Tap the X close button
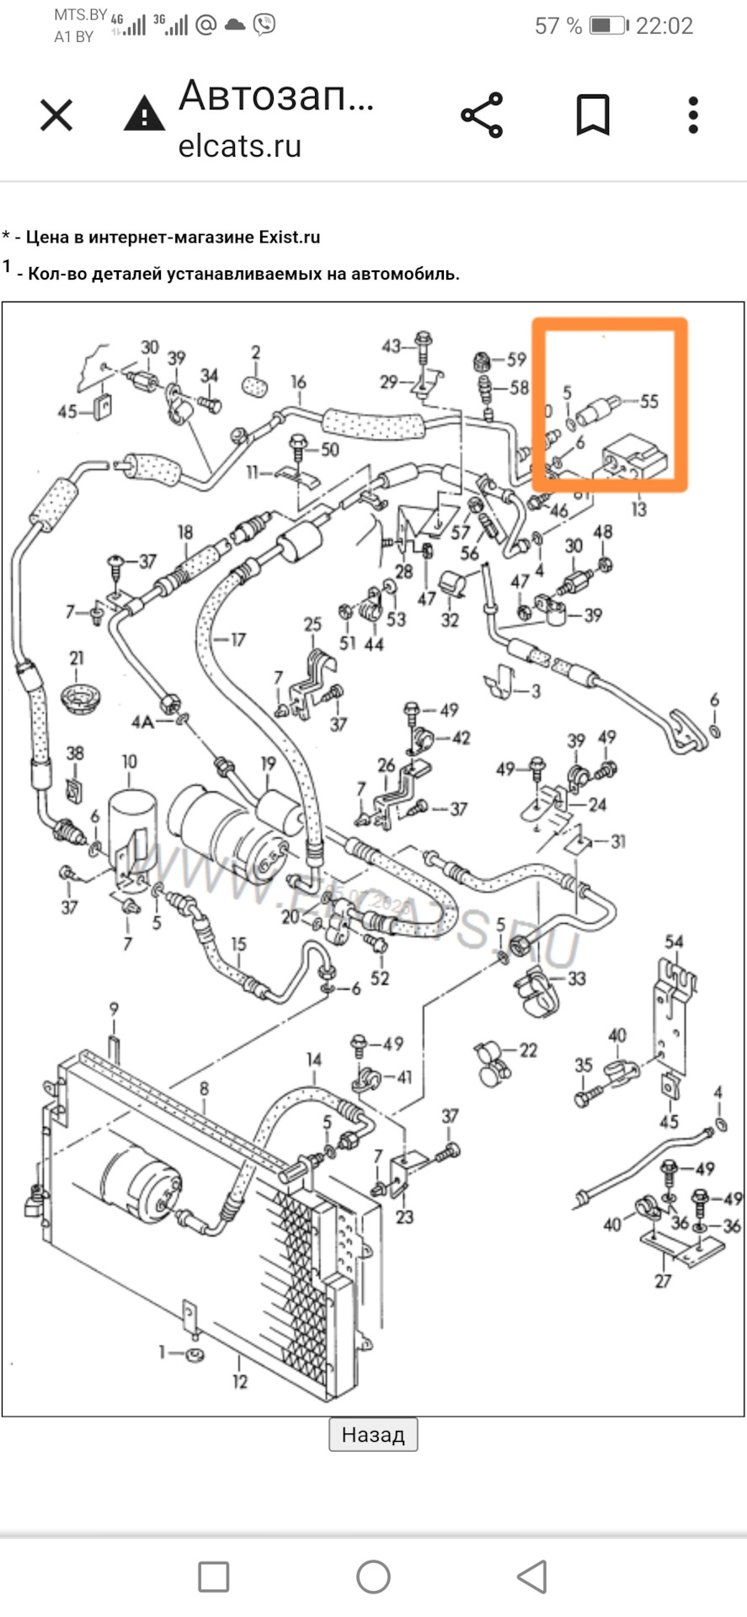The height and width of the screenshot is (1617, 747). tap(56, 115)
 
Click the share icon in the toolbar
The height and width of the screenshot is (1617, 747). tap(482, 115)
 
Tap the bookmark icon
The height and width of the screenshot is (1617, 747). tap(592, 115)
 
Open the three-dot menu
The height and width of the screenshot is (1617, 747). tap(693, 115)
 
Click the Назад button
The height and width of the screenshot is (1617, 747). tap(373, 1433)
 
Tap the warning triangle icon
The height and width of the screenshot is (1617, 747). tap(144, 114)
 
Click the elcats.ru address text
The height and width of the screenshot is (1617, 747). tap(239, 146)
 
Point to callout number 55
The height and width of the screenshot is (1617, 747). tap(648, 401)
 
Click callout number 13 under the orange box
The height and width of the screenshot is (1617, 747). tap(638, 509)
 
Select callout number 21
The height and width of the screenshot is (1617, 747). tap(77, 658)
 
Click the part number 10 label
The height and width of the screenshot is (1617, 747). tap(129, 761)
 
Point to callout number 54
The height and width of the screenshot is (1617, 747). tap(674, 942)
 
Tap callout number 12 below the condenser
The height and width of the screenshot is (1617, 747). tap(240, 1382)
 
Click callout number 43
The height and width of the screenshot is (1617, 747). tap(392, 345)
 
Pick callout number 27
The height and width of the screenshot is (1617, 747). tap(663, 1281)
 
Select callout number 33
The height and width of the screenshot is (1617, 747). tap(576, 978)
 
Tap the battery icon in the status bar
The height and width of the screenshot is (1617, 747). tap(606, 25)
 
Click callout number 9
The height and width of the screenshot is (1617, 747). tap(114, 1008)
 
